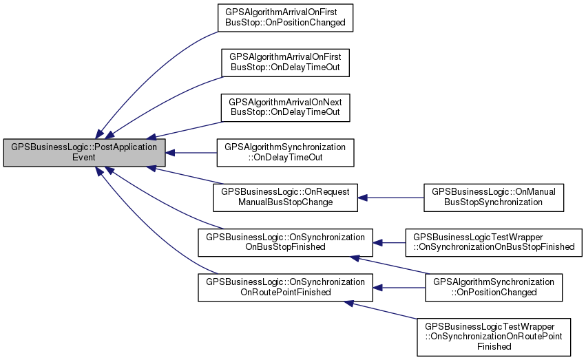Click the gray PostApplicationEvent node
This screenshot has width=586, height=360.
(85, 153)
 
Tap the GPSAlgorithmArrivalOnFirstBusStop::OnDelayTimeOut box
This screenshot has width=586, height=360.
(285, 63)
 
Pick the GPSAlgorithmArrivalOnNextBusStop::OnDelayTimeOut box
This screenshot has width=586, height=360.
(285, 107)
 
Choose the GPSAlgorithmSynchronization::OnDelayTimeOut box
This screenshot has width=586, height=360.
(285, 153)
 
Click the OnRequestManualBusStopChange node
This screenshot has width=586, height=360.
(285, 197)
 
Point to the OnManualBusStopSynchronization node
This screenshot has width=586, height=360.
(494, 197)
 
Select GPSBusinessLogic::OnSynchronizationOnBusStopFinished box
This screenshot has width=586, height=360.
(285, 242)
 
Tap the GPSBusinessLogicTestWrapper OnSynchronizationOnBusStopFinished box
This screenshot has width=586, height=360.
(494, 242)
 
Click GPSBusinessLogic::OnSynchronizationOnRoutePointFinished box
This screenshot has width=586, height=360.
(285, 286)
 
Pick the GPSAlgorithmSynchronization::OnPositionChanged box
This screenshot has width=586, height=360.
(494, 286)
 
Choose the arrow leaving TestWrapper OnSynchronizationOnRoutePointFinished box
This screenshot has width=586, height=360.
(386, 310)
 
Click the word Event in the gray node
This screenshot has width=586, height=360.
(84, 158)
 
